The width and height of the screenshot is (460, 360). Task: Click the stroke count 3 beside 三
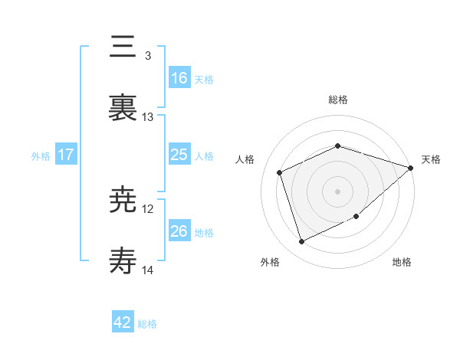click(147, 56)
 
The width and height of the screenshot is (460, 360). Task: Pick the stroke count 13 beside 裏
click(148, 117)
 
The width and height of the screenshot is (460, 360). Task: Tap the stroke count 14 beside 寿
click(148, 270)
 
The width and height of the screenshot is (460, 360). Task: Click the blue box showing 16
click(179, 77)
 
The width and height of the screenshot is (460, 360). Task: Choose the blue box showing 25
click(179, 155)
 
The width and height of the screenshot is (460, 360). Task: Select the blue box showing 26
click(179, 231)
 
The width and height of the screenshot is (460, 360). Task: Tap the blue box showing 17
click(66, 155)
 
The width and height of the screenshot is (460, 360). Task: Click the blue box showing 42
click(123, 322)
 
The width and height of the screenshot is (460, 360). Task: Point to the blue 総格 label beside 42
click(147, 324)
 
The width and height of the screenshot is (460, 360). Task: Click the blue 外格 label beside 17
click(40, 156)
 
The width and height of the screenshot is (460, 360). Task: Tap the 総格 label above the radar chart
click(337, 100)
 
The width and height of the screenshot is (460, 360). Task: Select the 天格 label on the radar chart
click(431, 159)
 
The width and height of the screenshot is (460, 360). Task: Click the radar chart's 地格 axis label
click(402, 262)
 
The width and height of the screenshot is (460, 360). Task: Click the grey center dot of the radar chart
click(337, 191)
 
